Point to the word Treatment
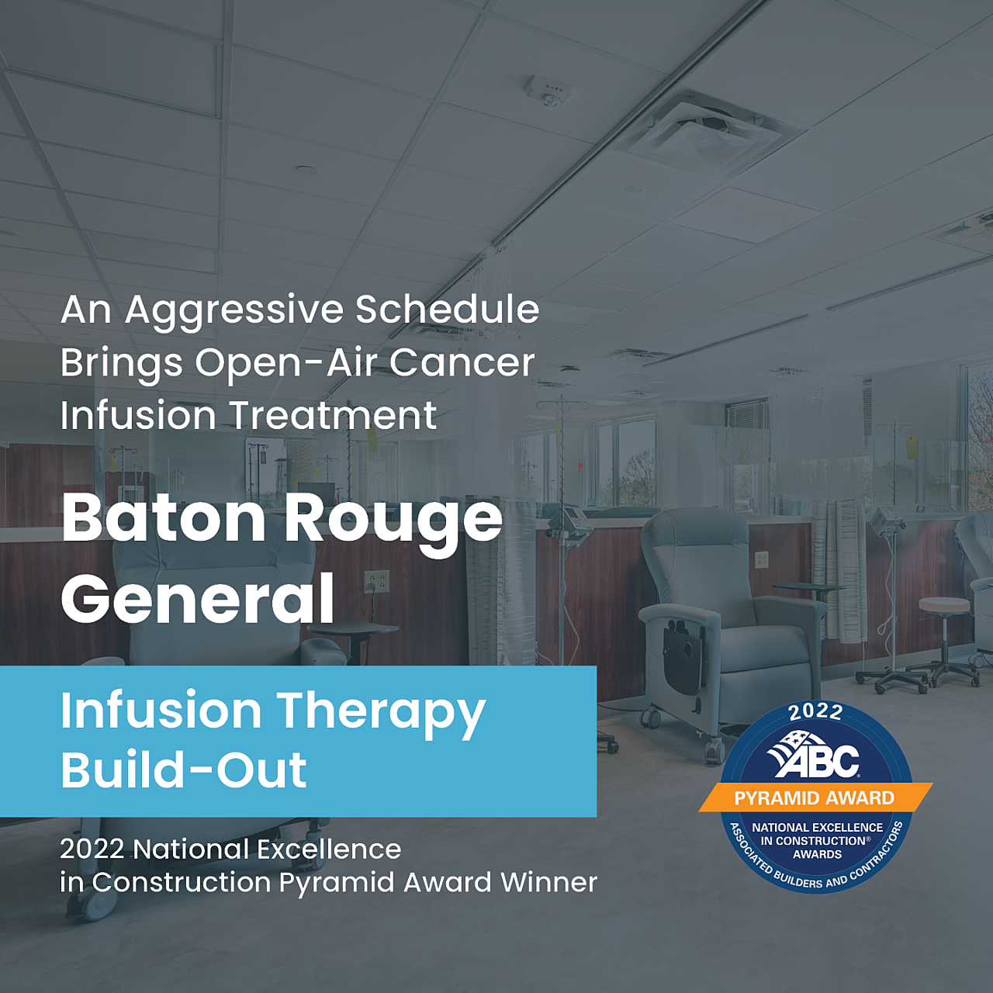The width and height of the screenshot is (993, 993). (333, 414)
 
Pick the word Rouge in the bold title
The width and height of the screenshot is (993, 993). (393, 523)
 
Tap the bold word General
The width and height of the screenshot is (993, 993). (197, 598)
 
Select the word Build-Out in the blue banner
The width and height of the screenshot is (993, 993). (184, 770)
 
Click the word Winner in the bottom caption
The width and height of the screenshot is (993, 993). (548, 882)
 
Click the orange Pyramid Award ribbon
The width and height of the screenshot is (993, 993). (815, 798)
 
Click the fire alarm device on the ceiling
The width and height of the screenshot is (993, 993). (548, 91)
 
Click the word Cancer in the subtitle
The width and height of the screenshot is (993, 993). (462, 362)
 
